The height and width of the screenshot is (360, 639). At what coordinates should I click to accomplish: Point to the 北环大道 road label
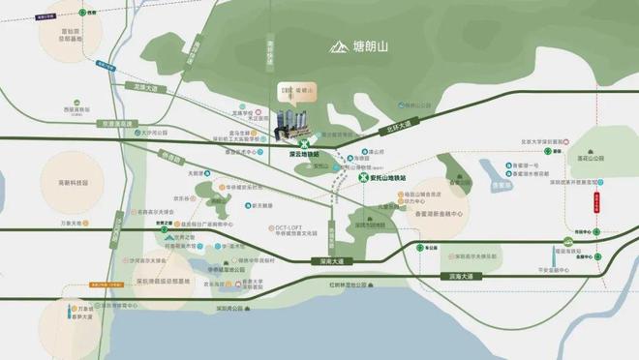point(397,125)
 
